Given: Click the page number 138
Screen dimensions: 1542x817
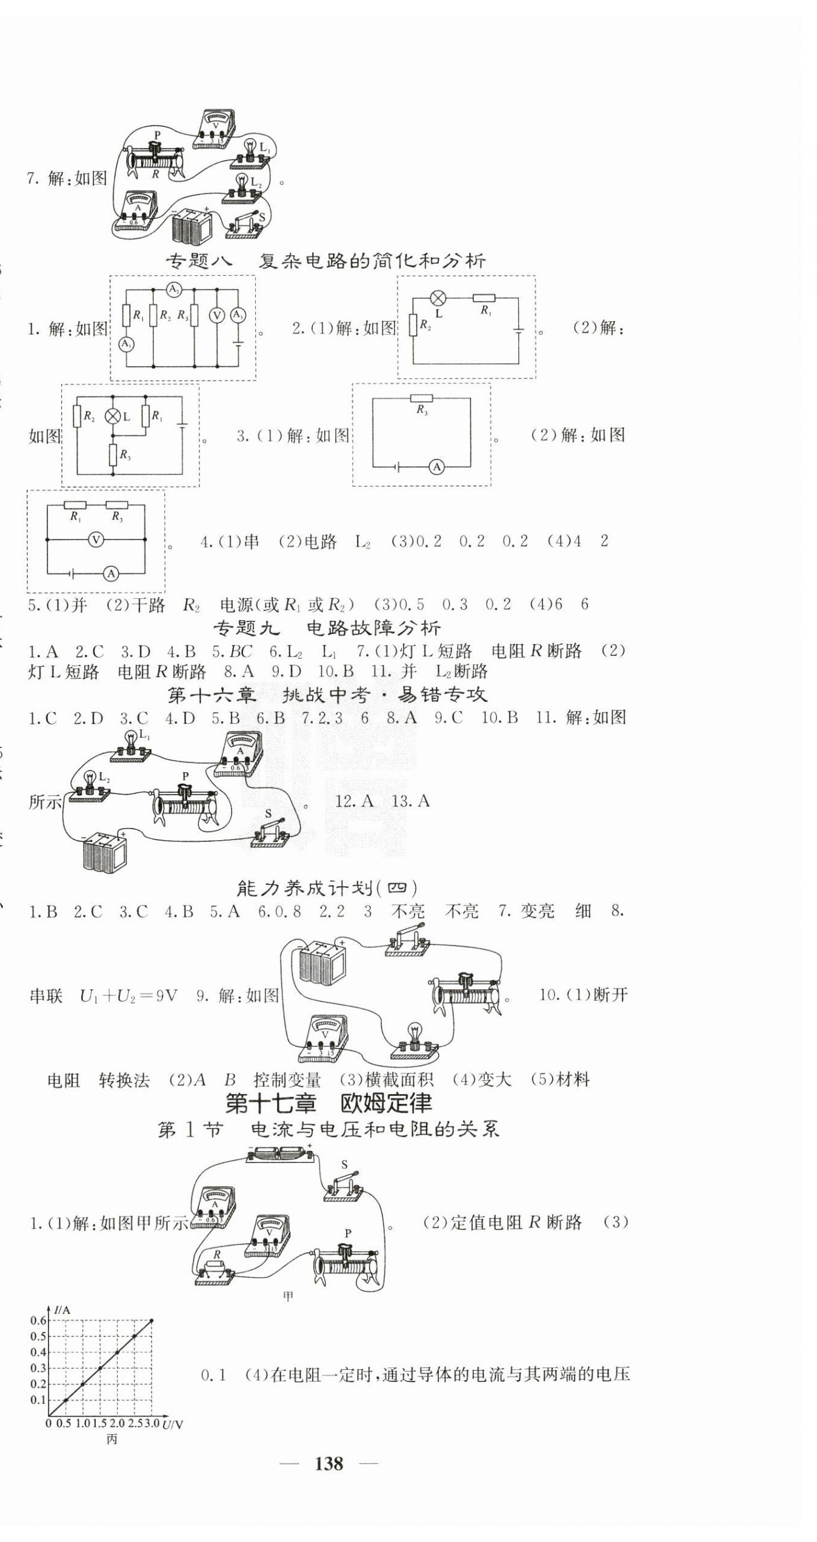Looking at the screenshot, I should pos(329,1464).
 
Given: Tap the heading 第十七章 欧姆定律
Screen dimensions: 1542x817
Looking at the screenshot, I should pos(328,1104).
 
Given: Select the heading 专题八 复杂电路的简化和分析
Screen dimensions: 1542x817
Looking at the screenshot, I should pos(326,261).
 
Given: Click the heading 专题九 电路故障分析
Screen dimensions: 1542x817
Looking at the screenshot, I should pos(327,628).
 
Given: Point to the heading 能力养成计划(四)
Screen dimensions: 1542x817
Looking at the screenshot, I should pos(327,889).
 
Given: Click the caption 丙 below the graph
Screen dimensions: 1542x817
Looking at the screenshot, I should pos(112,1440).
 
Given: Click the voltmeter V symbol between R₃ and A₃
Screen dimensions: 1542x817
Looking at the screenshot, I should pos(217,315).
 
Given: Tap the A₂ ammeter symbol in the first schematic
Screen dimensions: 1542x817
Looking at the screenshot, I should pos(174,289).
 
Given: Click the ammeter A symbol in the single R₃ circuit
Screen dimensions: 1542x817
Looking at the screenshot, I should pos(436,467).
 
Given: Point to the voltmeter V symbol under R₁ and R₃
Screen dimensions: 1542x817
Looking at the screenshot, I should pos(96,539).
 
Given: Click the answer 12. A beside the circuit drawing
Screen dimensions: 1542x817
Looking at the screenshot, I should pos(354,801).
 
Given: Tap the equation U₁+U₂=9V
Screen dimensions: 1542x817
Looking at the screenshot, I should pos(128,997).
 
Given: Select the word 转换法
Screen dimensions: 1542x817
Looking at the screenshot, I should pos(124,1080).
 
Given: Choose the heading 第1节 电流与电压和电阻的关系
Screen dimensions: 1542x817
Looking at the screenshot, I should pos(328,1130).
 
